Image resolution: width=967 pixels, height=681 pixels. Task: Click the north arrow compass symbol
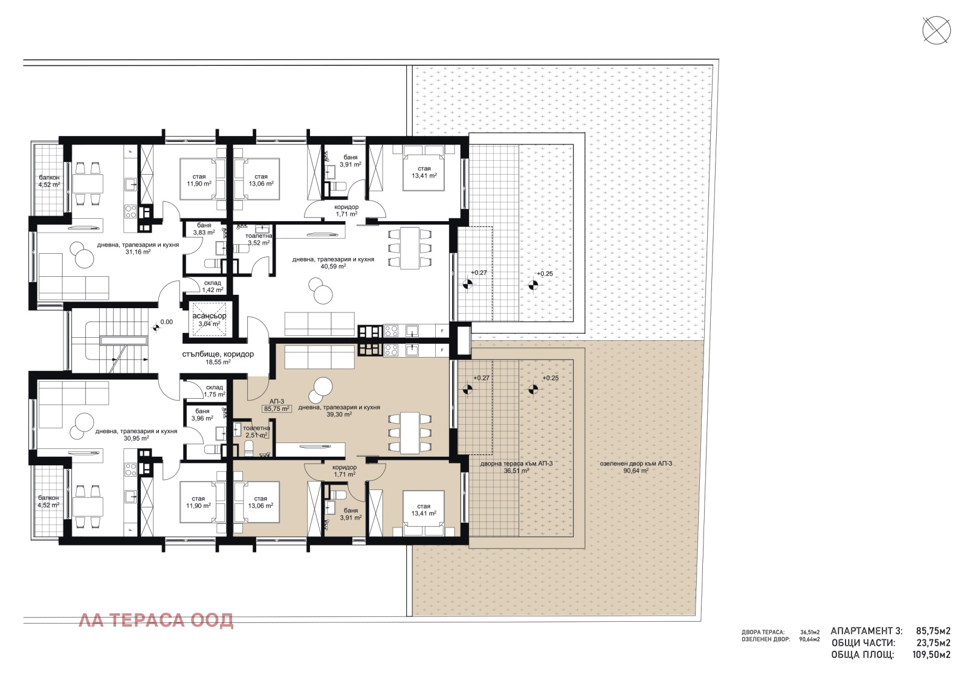(x=936, y=30)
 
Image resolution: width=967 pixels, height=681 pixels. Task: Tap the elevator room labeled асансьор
(x=209, y=320)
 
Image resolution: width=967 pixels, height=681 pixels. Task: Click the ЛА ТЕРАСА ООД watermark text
(x=156, y=621)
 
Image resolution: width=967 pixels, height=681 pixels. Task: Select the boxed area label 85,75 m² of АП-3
(x=277, y=408)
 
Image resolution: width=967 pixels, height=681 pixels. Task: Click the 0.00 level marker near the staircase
(x=165, y=322)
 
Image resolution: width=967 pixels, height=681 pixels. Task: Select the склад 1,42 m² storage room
(x=212, y=286)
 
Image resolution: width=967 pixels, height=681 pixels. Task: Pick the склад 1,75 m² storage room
(x=214, y=391)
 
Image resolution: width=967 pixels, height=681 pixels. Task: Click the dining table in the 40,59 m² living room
(x=410, y=248)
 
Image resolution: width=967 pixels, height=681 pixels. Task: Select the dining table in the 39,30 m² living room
(x=410, y=433)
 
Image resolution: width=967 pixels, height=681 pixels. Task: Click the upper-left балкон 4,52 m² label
(x=49, y=181)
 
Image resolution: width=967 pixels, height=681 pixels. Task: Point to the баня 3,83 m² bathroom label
(x=204, y=228)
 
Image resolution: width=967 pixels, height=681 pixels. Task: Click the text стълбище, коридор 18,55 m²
(x=218, y=358)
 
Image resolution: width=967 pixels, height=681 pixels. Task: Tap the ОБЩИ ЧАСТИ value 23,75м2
(x=933, y=643)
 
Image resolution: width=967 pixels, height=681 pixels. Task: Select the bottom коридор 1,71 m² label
(x=344, y=471)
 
